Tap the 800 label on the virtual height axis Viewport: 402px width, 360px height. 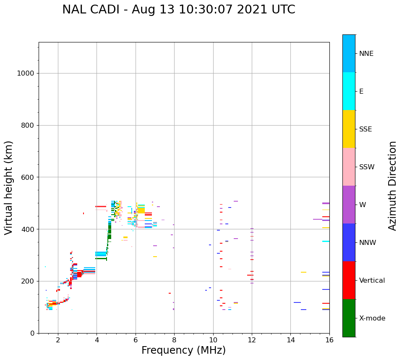(27, 125)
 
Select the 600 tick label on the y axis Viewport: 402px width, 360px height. (27, 177)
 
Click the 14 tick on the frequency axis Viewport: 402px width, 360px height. (290, 339)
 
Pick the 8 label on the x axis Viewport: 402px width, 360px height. (174, 339)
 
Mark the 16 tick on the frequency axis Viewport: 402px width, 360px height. (329, 339)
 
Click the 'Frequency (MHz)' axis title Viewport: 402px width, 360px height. (183, 350)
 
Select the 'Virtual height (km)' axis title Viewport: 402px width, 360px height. (9, 187)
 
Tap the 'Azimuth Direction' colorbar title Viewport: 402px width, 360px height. (392, 186)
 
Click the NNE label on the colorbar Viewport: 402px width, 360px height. (366, 54)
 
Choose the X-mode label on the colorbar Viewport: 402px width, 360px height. (372, 318)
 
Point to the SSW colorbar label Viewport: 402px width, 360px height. (367, 167)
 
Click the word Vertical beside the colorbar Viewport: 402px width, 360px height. (372, 281)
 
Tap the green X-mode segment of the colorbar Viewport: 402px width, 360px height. (349, 318)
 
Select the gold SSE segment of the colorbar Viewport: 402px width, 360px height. (349, 129)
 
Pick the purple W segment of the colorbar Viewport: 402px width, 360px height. (349, 205)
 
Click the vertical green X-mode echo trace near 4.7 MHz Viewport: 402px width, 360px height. (110, 231)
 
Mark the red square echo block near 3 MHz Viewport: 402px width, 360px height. (79, 274)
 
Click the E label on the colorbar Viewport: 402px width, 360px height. (361, 92)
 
